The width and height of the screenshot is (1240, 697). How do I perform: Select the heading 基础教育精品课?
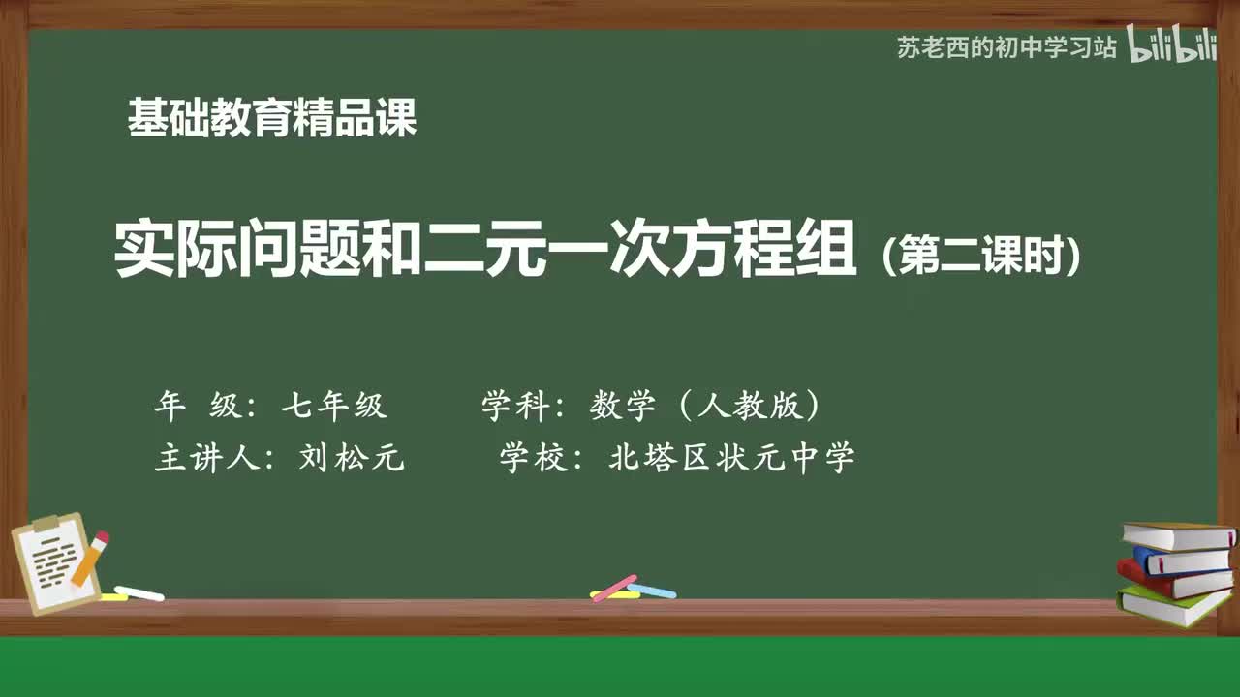click(x=272, y=119)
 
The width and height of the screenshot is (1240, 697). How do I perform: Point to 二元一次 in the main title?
click(x=542, y=250)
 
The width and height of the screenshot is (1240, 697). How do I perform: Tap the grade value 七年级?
click(x=334, y=406)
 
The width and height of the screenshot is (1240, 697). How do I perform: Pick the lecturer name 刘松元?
click(x=352, y=458)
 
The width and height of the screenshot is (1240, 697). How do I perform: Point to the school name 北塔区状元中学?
click(x=731, y=458)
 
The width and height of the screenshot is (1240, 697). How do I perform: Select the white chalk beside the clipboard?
click(x=139, y=592)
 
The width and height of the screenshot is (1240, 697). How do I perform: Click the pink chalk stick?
click(x=614, y=588)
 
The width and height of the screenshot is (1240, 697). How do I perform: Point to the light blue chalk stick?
click(x=652, y=590)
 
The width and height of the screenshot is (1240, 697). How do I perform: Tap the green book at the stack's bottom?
click(x=1172, y=605)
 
